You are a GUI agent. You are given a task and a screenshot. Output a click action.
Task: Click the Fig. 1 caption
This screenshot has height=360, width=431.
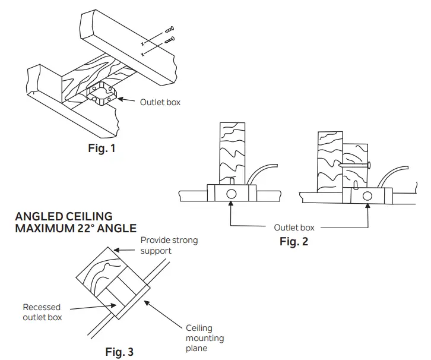102,149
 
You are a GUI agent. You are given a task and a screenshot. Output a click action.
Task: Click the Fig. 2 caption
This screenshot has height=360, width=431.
294,242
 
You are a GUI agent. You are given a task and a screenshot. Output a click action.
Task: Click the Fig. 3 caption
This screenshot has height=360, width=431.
119,352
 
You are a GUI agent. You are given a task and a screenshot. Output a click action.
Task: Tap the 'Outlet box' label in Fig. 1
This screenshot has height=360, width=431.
160,102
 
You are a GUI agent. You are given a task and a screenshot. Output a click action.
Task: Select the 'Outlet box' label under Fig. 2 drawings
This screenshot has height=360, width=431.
294,228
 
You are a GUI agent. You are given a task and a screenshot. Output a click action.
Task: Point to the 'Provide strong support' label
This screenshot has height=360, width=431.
169,245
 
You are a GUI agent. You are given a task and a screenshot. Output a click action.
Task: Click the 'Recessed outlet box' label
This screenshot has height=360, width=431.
42,312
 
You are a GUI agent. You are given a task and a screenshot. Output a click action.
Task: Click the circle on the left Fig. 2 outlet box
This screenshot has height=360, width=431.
232,194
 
